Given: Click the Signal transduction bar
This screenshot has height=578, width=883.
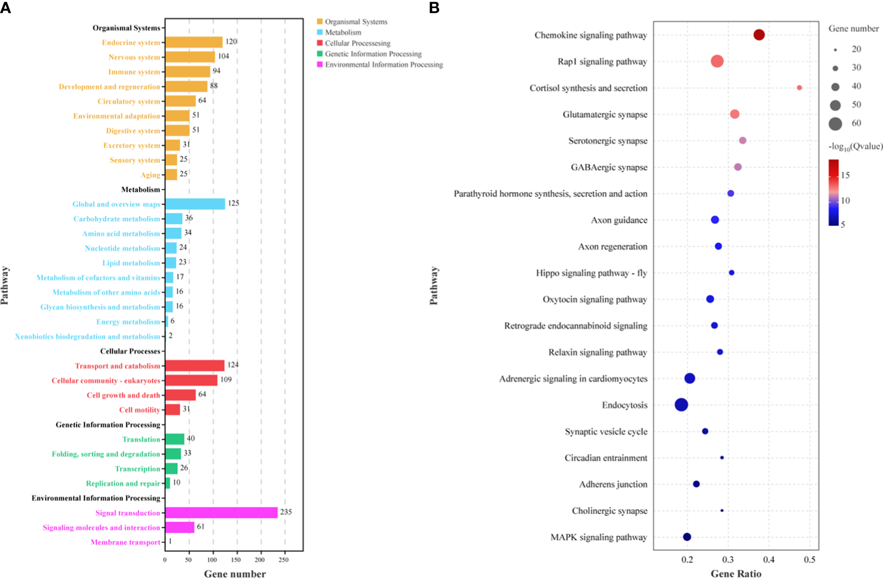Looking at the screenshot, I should [221, 513].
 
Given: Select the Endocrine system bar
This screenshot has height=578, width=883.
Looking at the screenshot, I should [194, 42].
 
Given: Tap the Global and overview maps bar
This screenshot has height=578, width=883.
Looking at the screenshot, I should [195, 204].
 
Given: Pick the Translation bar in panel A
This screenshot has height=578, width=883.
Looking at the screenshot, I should [174, 439].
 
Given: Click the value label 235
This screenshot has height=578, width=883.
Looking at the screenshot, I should [286, 512].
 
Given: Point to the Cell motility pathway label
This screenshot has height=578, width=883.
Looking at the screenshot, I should [140, 410].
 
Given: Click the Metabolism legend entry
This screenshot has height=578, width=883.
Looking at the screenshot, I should [343, 32].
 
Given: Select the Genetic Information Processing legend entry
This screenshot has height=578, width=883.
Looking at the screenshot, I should [373, 54].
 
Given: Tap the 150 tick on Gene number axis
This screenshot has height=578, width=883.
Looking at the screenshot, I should [237, 560].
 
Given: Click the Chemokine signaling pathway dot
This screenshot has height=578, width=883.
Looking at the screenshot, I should [759, 35].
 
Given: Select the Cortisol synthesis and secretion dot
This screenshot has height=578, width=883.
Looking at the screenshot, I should [799, 88].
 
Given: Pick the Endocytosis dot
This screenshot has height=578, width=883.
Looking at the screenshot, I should [682, 405].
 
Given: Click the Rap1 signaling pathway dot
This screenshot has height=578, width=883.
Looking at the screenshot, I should [717, 62].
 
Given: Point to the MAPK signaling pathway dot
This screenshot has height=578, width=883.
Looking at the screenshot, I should [687, 537].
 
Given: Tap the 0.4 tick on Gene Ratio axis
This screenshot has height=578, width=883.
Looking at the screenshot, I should [769, 560].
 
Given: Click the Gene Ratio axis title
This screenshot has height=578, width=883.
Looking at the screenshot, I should [736, 574].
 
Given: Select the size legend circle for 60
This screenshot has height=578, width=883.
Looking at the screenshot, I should [835, 124].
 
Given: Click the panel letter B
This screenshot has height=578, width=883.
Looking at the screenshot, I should [434, 8].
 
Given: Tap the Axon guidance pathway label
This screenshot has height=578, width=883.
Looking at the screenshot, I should [619, 220].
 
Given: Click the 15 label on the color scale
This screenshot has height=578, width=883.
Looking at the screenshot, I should [845, 174].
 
